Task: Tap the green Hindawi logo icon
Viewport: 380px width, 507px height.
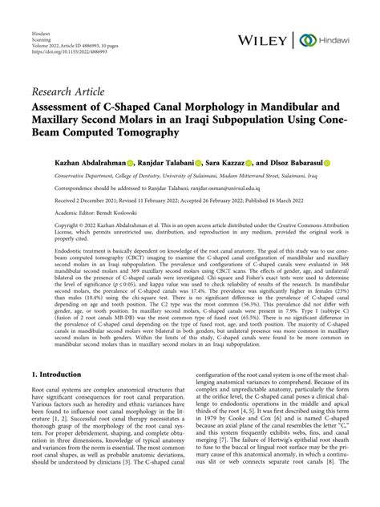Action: tap(307, 39)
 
